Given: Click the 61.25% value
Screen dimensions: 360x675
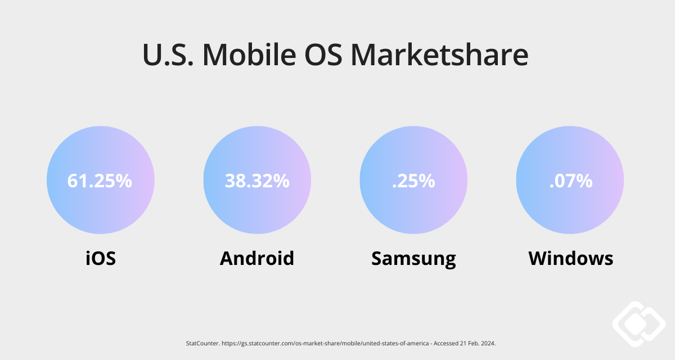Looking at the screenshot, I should click(100, 181).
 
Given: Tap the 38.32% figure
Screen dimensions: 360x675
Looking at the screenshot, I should click(257, 181).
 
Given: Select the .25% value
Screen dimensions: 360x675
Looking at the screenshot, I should click(413, 181).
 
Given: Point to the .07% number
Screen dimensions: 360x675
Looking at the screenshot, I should click(570, 181).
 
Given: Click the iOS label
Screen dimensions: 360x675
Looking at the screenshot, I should click(101, 258).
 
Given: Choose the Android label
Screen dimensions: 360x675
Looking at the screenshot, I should click(257, 258).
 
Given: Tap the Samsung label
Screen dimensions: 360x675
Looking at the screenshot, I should click(413, 258).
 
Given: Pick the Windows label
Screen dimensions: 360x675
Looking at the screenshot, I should click(570, 258).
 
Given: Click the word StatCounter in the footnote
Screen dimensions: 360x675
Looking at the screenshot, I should click(200, 343).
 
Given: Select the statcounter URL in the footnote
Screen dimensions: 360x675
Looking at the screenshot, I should click(314, 343).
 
